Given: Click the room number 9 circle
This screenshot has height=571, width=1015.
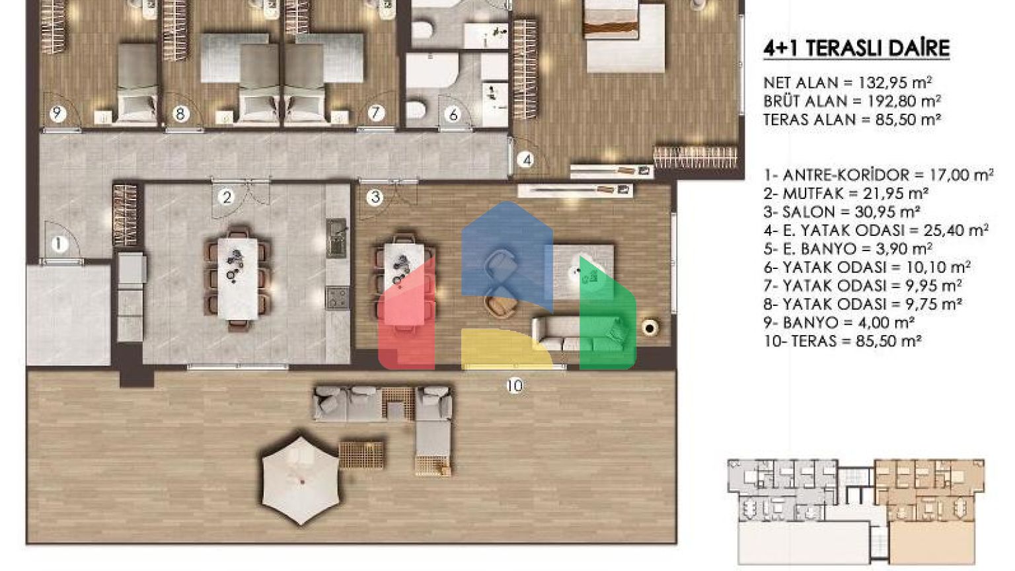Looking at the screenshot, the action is click(57, 113).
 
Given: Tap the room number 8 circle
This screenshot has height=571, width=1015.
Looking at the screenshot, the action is click(180, 114).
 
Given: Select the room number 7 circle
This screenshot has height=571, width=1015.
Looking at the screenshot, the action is click(375, 113).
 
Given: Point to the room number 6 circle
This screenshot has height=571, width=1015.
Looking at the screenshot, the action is click(453, 114).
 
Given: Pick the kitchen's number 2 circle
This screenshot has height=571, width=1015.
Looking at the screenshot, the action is click(227, 197).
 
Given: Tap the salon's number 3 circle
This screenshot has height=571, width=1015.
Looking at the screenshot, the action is click(375, 197).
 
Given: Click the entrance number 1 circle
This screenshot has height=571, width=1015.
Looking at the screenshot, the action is click(58, 245).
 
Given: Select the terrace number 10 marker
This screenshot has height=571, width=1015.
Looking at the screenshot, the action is click(515, 386).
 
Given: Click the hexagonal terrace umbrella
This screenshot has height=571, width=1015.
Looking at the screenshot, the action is click(301, 481).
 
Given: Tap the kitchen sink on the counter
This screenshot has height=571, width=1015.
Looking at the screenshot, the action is click(336, 238).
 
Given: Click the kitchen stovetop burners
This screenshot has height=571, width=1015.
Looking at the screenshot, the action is click(338, 298).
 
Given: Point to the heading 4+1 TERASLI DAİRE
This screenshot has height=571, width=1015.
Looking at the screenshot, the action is click(856, 48).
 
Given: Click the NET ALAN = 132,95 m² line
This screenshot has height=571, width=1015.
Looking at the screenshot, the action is click(847, 83).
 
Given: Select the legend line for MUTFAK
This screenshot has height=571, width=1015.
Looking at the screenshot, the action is click(846, 194).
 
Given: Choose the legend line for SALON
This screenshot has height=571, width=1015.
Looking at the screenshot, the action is click(842, 212).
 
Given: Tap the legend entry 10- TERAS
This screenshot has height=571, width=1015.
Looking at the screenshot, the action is click(843, 341).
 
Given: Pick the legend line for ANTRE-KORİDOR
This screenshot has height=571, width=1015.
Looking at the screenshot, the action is click(879, 175).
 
